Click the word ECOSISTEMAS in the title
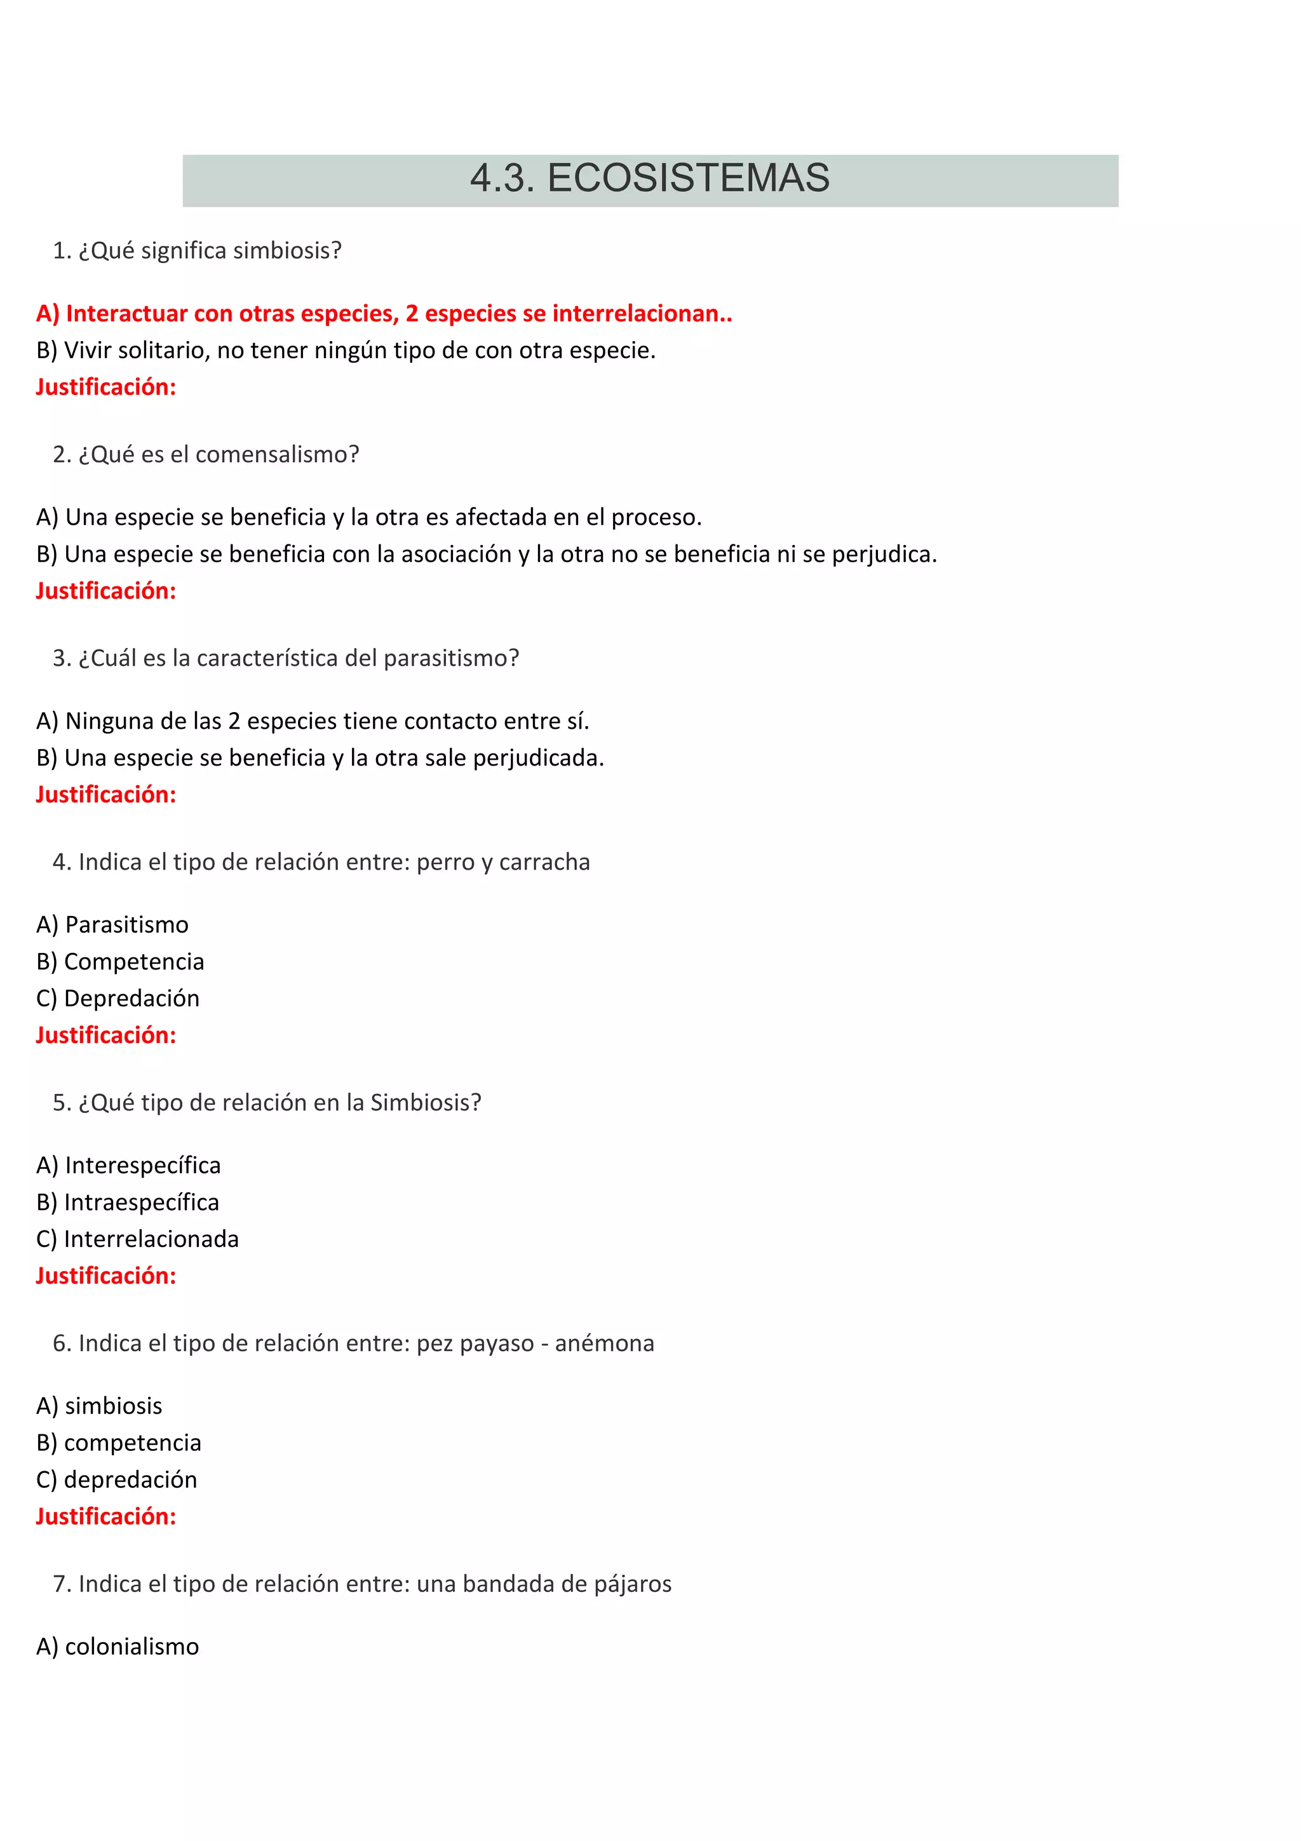(x=688, y=178)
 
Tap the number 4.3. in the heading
(x=502, y=178)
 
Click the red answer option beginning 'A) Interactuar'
(x=384, y=314)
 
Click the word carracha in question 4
(x=544, y=862)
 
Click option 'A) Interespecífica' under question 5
(x=128, y=1165)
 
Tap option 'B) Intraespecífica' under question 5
(x=128, y=1202)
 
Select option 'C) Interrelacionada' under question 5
(x=137, y=1239)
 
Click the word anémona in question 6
(x=604, y=1343)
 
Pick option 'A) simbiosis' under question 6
(x=99, y=1406)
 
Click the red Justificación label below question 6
(x=106, y=1516)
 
